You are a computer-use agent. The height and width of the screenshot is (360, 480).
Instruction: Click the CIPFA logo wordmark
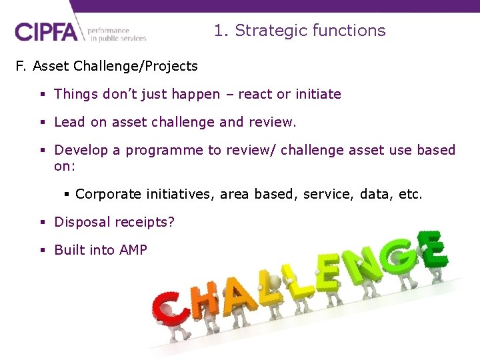[46, 31]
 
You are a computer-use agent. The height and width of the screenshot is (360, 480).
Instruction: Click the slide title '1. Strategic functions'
[299, 31]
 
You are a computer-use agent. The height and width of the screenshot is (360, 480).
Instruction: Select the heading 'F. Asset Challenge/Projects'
[107, 66]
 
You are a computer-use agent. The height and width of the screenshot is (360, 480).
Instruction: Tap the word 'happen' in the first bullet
[195, 94]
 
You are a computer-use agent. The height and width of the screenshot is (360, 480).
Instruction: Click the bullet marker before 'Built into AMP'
[41, 250]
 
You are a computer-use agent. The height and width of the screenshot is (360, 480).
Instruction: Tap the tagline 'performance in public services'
[116, 34]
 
